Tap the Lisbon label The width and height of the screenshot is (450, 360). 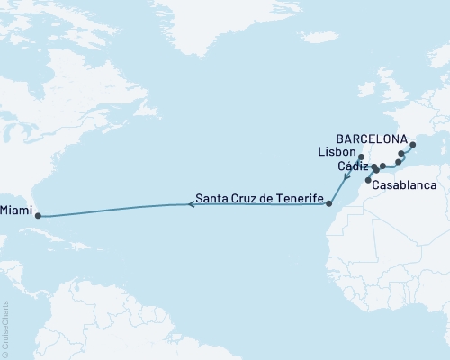pyautogui.click(x=335, y=154)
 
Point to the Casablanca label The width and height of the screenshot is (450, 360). pyautogui.click(x=404, y=184)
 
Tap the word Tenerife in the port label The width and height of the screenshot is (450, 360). pyautogui.click(x=296, y=199)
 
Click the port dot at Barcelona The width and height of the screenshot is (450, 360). pyautogui.click(x=413, y=145)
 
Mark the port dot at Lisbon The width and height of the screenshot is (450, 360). pyautogui.click(x=361, y=157)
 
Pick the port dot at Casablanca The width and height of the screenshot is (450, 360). pyautogui.click(x=367, y=180)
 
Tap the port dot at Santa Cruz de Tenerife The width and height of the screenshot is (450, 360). pyautogui.click(x=329, y=203)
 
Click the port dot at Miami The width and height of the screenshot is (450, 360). pyautogui.click(x=37, y=216)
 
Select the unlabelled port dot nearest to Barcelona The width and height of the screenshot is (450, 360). pyautogui.click(x=401, y=155)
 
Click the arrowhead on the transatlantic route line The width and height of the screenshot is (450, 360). pyautogui.click(x=191, y=204)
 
